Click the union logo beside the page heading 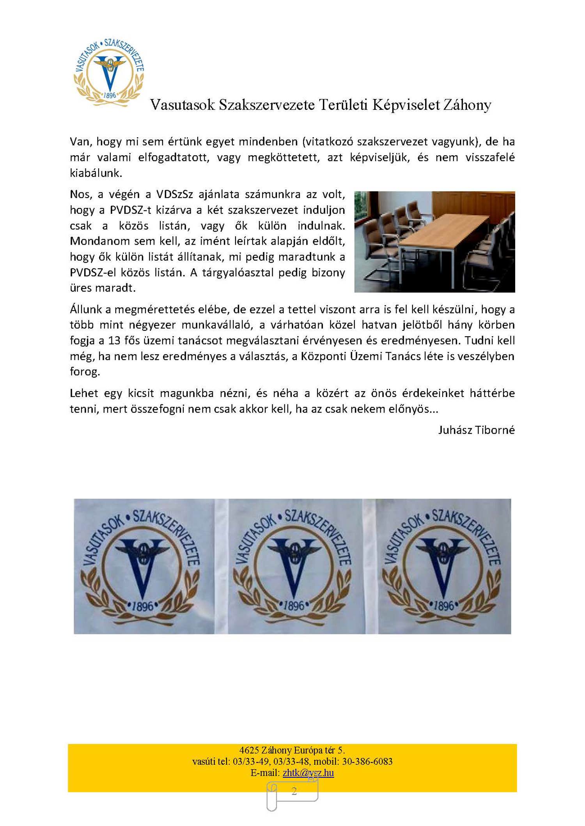(109, 72)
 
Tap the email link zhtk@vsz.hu (308, 773)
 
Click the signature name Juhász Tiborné (476, 430)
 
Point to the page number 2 (294, 791)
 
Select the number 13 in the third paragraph (114, 341)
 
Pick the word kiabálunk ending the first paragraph (96, 173)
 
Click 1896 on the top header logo (110, 95)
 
